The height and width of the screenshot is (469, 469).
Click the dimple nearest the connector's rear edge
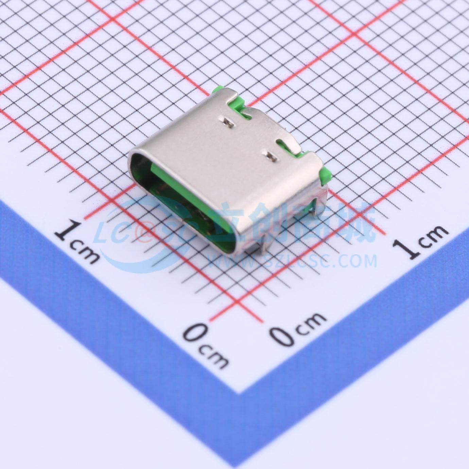point(226,121)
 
